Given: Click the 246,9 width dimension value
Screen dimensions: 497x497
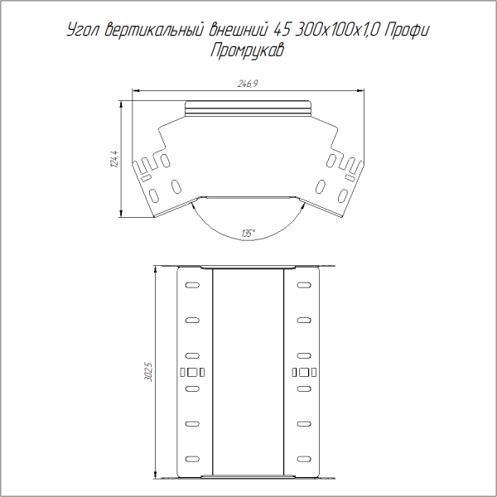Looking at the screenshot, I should tap(248, 84).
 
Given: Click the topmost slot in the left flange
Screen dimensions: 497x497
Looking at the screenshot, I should tap(192, 285).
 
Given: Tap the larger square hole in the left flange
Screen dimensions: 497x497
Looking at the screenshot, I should tap(193, 371).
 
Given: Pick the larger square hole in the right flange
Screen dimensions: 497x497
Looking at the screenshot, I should tap(304, 371).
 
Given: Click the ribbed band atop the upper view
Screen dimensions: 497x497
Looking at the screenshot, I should tap(248, 108).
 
